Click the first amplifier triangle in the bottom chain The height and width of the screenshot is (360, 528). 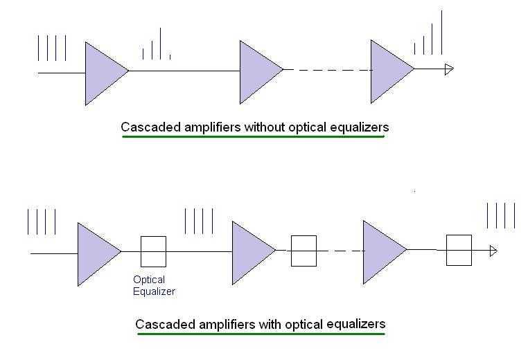[95, 254]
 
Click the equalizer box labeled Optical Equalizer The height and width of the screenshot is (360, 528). [153, 251]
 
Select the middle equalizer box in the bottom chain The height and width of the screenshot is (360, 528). [303, 251]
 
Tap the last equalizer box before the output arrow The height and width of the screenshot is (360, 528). [459, 250]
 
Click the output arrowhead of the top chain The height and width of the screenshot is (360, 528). [449, 69]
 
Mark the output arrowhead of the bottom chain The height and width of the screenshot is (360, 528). [493, 251]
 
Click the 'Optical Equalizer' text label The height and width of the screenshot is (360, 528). [153, 286]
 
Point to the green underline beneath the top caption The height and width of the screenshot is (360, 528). [253, 136]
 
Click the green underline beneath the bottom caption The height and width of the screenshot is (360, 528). [261, 334]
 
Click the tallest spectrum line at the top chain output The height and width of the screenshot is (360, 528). [441, 33]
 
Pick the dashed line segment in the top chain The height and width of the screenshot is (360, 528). [327, 69]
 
